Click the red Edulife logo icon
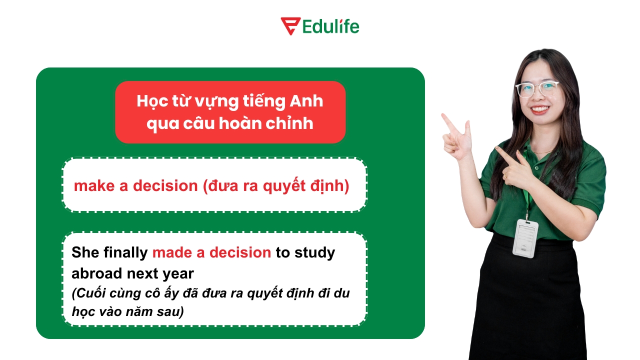click(290, 26)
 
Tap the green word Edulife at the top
click(331, 26)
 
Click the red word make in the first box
click(93, 186)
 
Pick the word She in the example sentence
click(85, 252)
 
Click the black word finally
click(126, 253)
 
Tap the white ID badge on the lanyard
click(525, 238)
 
